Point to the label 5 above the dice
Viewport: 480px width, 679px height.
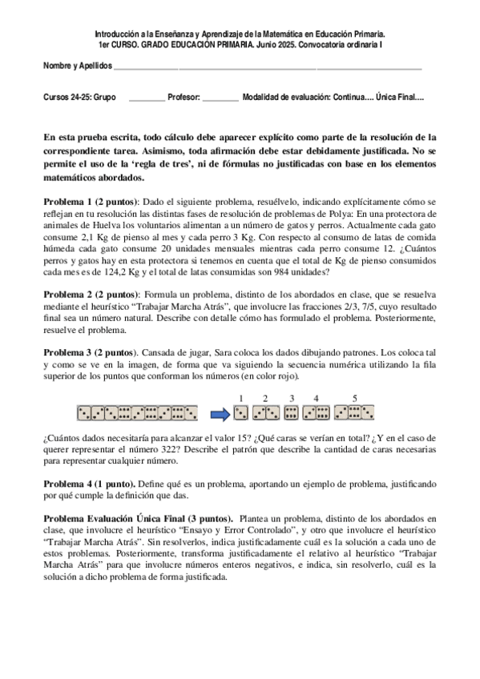click(355, 398)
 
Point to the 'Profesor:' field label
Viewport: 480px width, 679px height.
click(184, 96)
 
